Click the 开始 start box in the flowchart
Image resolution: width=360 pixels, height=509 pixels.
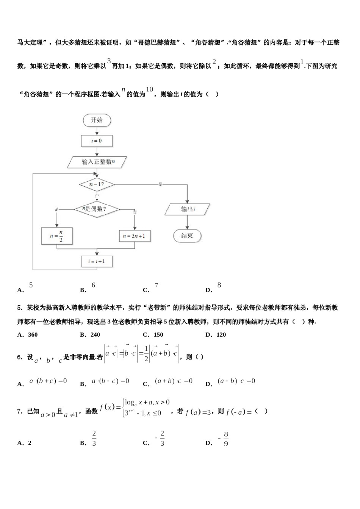pos(97,120)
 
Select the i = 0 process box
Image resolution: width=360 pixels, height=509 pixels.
pos(97,141)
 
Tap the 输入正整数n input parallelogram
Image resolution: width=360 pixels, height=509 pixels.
pos(97,162)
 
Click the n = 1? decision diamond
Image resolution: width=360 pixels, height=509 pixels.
pos(97,184)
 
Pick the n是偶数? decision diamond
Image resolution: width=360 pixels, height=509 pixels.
pos(96,209)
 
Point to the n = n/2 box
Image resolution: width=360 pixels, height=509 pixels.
pos(57,236)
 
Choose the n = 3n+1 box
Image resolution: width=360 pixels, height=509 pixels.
pos(135,236)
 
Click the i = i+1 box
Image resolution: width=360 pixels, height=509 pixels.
pos(97,261)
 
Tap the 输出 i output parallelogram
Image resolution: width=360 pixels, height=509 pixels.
pos(188,209)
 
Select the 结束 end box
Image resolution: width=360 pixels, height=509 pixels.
pos(187,236)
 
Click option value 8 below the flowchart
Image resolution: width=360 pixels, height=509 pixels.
pos(219,285)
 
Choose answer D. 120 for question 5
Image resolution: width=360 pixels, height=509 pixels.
pos(216,334)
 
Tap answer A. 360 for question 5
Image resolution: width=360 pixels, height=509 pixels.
pos(28,334)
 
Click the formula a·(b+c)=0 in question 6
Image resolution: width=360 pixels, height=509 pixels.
pos(48,381)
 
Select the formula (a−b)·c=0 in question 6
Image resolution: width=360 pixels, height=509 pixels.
pos(236,381)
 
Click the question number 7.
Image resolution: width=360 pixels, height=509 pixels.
pos(19,411)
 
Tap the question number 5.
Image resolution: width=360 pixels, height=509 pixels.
pos(19,308)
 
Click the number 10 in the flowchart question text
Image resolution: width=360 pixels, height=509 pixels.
pos(150,89)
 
